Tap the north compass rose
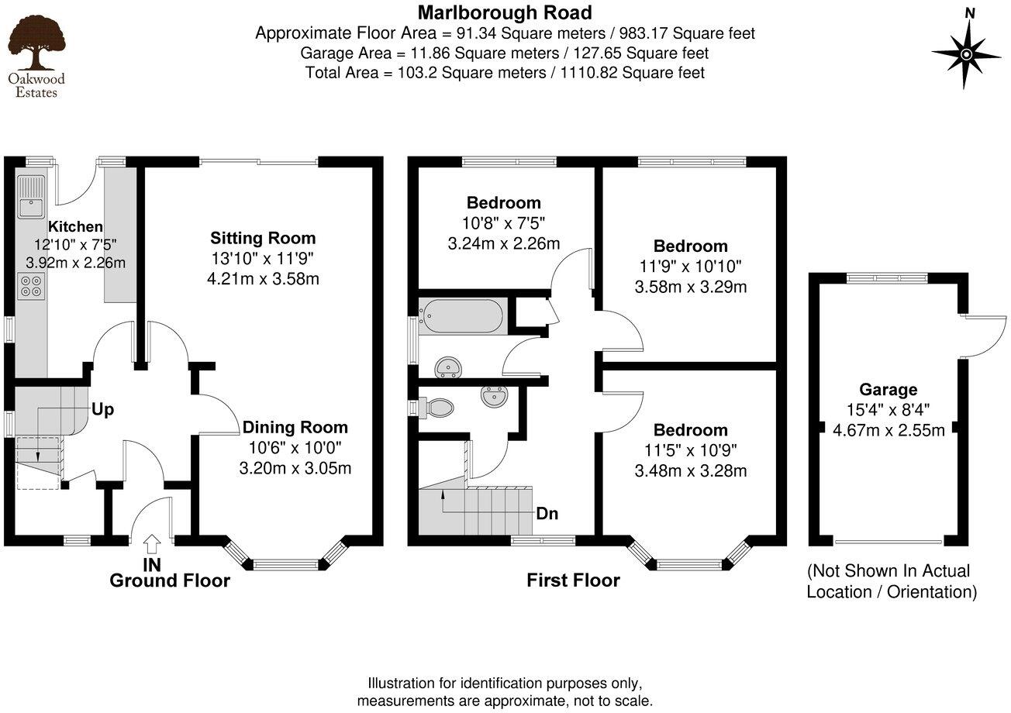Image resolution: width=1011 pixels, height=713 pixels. coord(968,53)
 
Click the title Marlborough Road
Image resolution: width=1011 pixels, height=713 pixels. coord(505,12)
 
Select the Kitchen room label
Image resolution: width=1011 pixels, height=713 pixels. coord(75,227)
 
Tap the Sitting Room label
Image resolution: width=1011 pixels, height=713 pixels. coord(264,238)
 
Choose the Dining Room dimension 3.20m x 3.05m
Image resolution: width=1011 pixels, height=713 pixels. coord(295,467)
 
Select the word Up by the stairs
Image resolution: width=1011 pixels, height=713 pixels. coord(103,409)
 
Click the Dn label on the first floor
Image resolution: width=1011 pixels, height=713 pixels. coord(547,513)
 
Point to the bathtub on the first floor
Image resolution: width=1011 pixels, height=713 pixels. coord(463,315)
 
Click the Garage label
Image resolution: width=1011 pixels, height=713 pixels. coord(888,390)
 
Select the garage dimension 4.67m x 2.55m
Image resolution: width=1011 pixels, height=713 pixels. coord(889,429)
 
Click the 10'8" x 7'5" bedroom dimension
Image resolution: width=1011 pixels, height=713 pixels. coord(503,223)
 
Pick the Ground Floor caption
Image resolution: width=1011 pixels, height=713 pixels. coord(169,580)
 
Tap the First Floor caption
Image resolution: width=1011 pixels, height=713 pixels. coord(573,580)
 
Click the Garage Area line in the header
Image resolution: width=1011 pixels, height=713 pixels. coord(505,53)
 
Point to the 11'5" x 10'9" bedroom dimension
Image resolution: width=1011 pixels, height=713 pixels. coord(691,449)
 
